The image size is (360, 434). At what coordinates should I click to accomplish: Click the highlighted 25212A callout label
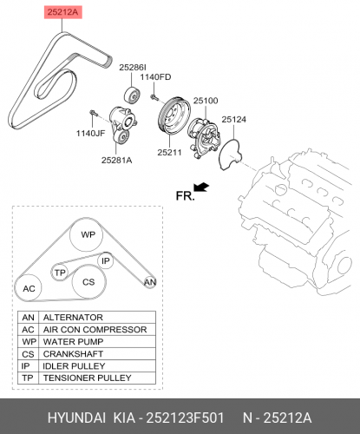63,12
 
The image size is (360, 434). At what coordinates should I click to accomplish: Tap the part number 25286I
133,68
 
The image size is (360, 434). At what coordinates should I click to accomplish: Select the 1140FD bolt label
155,77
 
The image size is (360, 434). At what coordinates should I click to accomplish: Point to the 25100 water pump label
206,101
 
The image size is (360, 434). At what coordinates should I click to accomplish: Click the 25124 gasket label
234,120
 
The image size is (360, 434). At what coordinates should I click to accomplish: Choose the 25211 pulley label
169,153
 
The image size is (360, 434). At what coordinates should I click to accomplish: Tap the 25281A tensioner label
116,160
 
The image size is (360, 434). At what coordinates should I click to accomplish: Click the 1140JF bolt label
90,134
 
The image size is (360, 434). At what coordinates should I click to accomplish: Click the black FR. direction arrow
201,187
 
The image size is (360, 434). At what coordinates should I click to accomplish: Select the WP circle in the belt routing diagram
87,234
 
